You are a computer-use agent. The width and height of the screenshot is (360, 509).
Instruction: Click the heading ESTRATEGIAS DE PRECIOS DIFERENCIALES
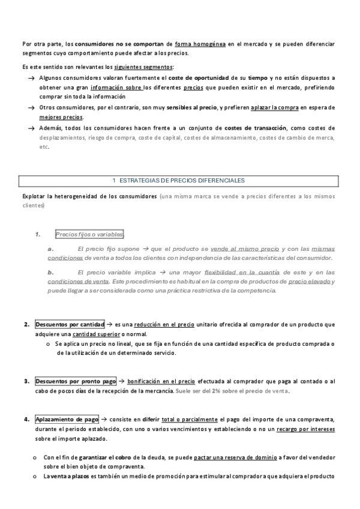179,180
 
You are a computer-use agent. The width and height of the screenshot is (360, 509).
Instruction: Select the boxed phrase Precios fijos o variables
89,234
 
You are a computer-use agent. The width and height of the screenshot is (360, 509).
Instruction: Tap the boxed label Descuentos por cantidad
70,324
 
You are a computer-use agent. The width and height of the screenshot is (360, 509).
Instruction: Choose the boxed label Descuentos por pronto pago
76,381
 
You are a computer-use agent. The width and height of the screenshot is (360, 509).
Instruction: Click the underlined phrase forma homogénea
200,44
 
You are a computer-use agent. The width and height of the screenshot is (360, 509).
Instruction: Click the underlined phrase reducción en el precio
164,325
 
